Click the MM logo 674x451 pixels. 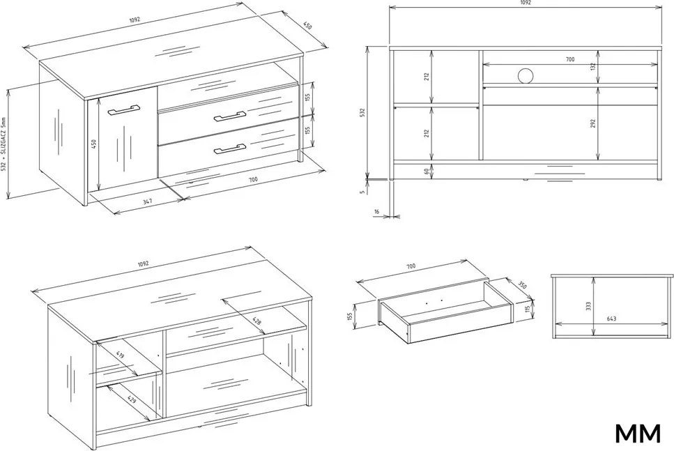638,434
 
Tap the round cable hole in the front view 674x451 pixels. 525,75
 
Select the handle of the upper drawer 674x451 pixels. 230,116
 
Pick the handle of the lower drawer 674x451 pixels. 230,148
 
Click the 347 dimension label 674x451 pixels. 149,201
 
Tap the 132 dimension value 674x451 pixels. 592,67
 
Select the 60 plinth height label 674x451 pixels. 427,171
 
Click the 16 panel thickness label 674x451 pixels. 377,211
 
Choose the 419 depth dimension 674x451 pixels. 121,355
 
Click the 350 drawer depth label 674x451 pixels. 521,285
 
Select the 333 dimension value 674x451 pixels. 588,306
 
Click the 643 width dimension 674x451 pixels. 612,319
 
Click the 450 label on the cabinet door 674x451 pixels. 94,143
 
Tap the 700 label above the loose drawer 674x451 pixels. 411,266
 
